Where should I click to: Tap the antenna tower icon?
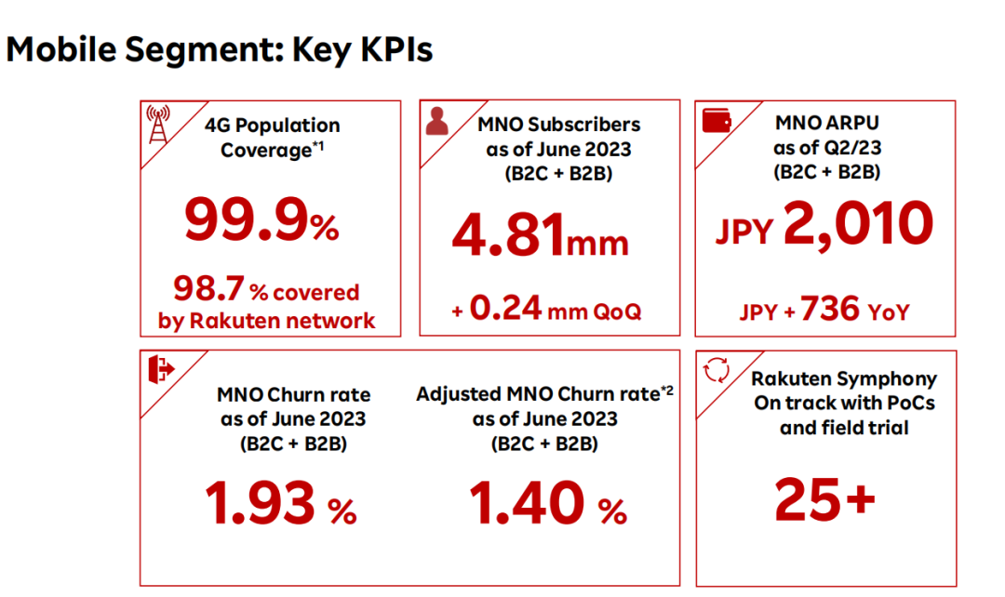point(160,125)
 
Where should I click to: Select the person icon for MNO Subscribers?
point(437,121)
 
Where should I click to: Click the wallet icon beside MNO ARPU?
point(715,121)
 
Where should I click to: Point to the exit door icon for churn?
point(160,369)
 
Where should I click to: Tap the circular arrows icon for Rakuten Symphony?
point(716,370)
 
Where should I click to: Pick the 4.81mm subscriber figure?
point(540,236)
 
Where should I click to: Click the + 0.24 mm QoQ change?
point(546,310)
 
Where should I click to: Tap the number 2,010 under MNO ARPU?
point(858,223)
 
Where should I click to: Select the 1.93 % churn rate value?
point(280,505)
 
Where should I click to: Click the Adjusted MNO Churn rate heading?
point(544,393)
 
